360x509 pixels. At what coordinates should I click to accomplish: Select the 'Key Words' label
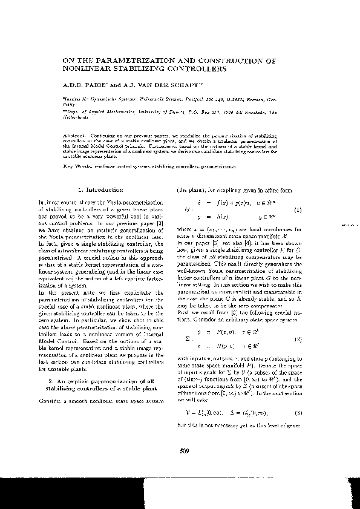coord(76,166)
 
